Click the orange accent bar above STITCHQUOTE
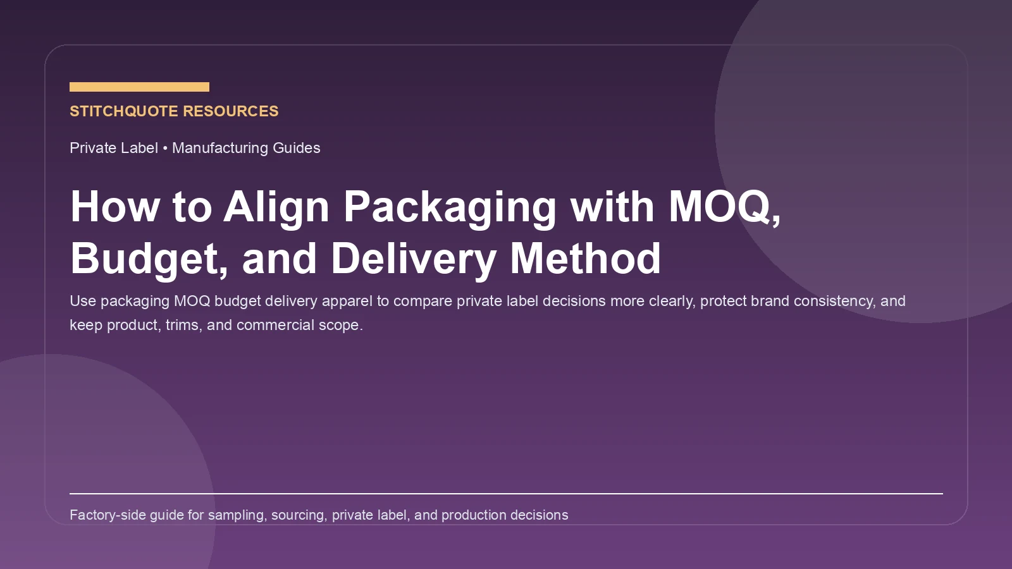tap(139, 87)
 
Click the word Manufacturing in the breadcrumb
tap(220, 148)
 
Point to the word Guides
tap(297, 148)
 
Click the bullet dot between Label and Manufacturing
tap(165, 148)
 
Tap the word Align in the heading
tap(276, 207)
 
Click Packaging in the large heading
tap(450, 207)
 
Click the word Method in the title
tap(585, 259)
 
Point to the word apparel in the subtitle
tap(347, 301)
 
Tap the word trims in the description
tap(182, 325)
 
